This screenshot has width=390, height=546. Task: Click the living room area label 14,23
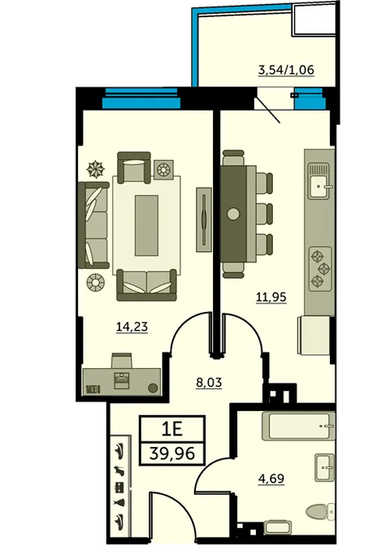[132, 327]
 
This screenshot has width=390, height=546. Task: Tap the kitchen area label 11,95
[271, 297]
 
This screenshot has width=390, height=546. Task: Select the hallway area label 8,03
[209, 383]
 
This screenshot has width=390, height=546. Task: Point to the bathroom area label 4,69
[271, 479]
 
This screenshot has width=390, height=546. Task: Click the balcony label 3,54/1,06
[286, 70]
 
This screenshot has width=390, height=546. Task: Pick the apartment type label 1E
[172, 429]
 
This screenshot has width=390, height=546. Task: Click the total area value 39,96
[172, 453]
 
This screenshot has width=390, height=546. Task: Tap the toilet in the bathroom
[319, 512]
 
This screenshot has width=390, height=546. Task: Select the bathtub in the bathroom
[298, 426]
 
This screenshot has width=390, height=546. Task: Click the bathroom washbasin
[324, 467]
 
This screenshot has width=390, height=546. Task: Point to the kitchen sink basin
[319, 186]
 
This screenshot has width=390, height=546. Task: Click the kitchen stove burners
[320, 268]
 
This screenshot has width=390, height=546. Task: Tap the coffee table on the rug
[146, 225]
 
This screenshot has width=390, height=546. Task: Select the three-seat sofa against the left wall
[93, 225]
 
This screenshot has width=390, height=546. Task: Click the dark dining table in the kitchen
[233, 214]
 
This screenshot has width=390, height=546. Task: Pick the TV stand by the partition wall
[204, 219]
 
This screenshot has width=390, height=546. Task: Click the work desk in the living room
[122, 382]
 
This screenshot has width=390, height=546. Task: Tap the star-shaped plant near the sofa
[95, 169]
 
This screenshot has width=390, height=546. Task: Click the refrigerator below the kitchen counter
[314, 336]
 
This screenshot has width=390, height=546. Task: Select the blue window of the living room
[141, 98]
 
